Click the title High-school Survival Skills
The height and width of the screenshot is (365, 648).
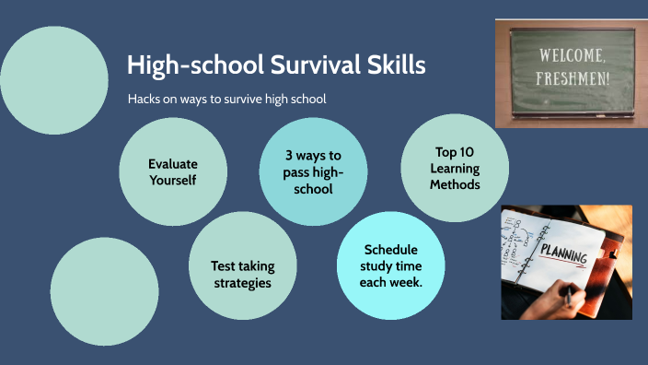pyautogui.click(x=276, y=65)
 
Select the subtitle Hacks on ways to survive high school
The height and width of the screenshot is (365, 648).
pyautogui.click(x=227, y=99)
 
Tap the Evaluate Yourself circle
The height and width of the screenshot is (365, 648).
pyautogui.click(x=173, y=171)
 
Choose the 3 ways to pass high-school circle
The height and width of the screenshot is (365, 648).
pyautogui.click(x=313, y=171)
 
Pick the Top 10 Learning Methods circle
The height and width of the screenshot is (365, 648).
pyautogui.click(x=455, y=168)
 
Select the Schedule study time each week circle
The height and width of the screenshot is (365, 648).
pyautogui.click(x=391, y=265)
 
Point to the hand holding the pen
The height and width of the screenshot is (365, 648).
pyautogui.click(x=557, y=300)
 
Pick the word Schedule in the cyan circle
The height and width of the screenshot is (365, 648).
pyautogui.click(x=391, y=250)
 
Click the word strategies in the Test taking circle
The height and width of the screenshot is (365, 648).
pyautogui.click(x=243, y=283)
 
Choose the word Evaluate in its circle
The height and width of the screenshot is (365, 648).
pyautogui.click(x=173, y=163)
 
